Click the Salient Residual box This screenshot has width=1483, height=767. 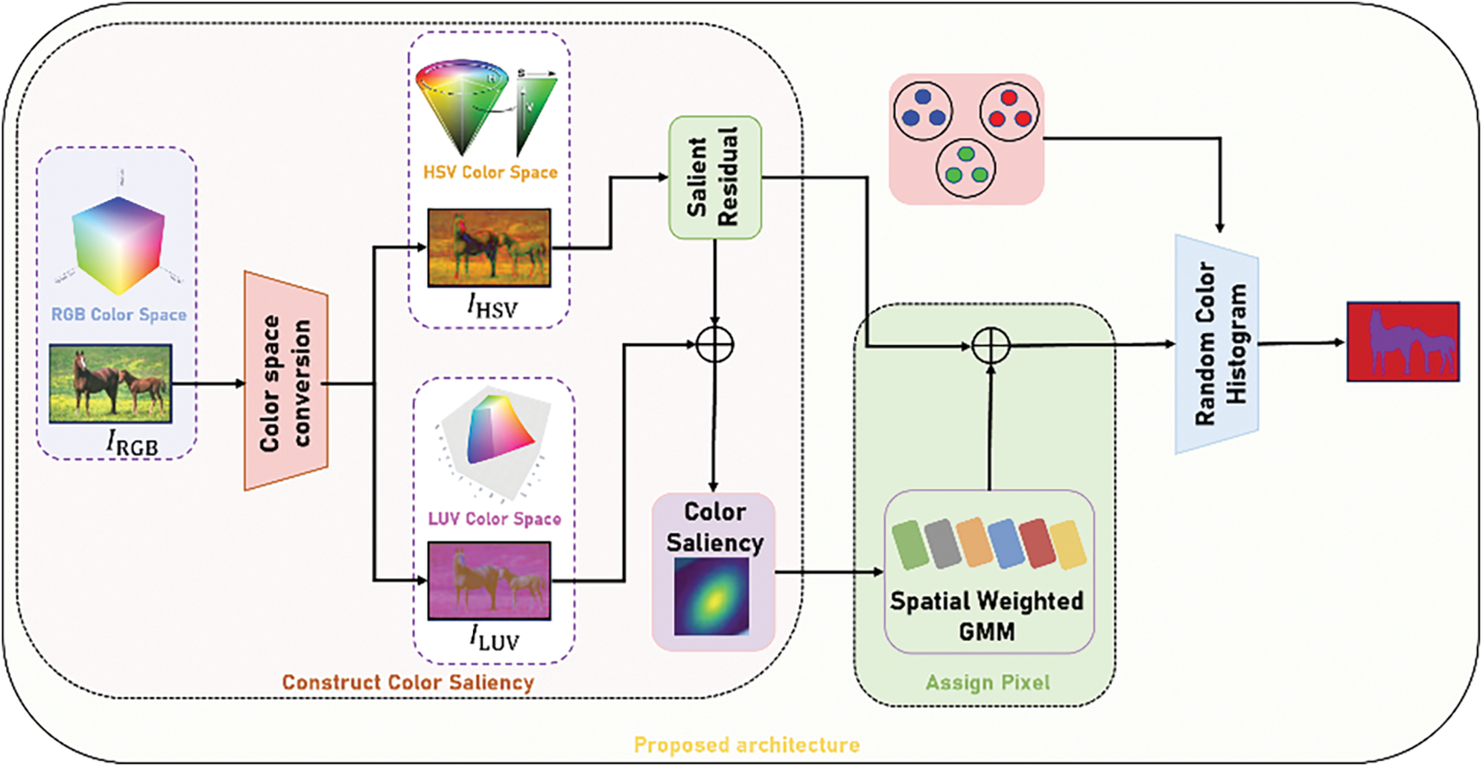pyautogui.click(x=714, y=178)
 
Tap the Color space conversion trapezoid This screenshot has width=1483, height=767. pyautogui.click(x=286, y=381)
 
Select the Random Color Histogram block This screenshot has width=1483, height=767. pyautogui.click(x=1217, y=344)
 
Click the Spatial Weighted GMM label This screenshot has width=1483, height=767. pyautogui.click(x=986, y=615)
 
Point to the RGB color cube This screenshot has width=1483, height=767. pyautogui.click(x=118, y=246)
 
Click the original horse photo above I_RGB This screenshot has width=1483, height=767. pyautogui.click(x=110, y=383)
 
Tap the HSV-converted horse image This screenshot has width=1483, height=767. pyautogui.click(x=489, y=247)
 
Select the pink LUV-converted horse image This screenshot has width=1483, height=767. pyautogui.click(x=489, y=581)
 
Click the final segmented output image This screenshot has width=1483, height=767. pyautogui.click(x=1403, y=342)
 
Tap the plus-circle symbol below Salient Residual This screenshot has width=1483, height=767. pyautogui.click(x=714, y=345)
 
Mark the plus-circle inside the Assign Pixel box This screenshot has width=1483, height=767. pyautogui.click(x=990, y=346)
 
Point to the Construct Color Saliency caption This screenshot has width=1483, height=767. pyautogui.click(x=408, y=682)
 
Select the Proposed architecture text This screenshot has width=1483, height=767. pyautogui.click(x=747, y=745)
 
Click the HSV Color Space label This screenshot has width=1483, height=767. pyautogui.click(x=490, y=172)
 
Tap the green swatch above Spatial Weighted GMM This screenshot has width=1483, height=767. pyautogui.click(x=910, y=544)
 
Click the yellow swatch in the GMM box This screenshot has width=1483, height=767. pyautogui.click(x=1068, y=545)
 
